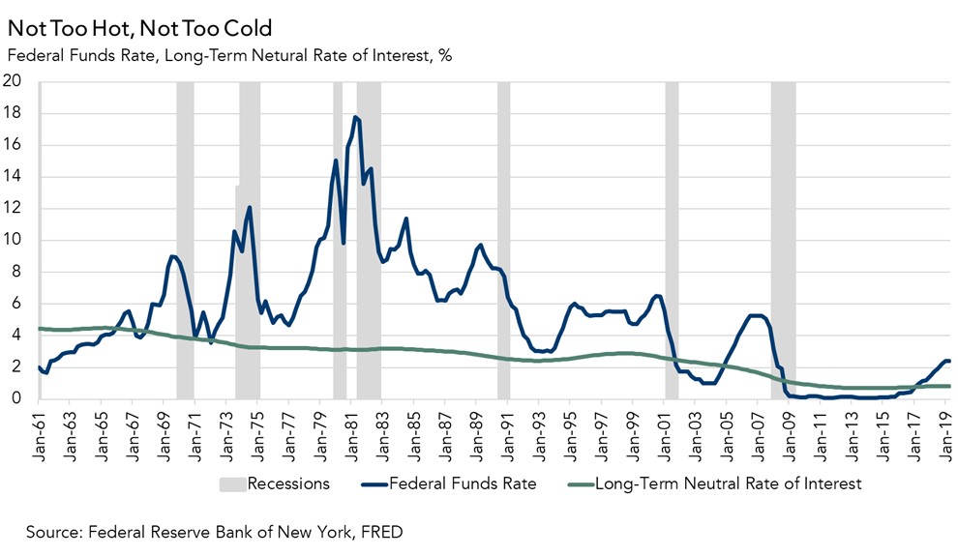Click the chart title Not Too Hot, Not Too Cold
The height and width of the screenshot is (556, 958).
pyautogui.click(x=139, y=29)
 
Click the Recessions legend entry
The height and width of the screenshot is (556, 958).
pyautogui.click(x=288, y=483)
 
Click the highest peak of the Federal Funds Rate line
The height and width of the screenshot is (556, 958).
pyautogui.click(x=356, y=117)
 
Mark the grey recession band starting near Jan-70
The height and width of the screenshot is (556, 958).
pyautogui.click(x=185, y=242)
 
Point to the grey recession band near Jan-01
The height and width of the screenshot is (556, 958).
pyautogui.click(x=672, y=242)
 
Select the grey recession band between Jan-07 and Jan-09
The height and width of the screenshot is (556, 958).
pyautogui.click(x=783, y=242)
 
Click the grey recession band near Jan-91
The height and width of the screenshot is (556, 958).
pyautogui.click(x=503, y=242)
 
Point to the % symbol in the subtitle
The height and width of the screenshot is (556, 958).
pyautogui.click(x=445, y=55)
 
